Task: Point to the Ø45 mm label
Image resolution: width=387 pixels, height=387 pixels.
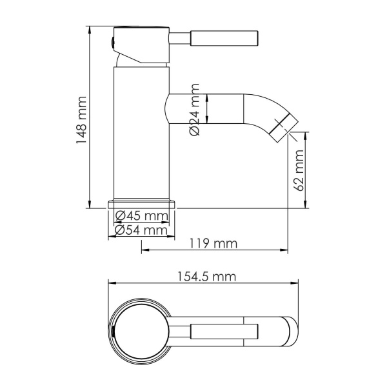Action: click(141, 216)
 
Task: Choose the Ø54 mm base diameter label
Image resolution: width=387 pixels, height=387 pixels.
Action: click(141, 230)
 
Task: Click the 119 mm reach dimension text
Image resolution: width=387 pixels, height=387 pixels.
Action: click(214, 244)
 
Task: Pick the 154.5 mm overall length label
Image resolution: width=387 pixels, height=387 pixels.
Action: click(205, 276)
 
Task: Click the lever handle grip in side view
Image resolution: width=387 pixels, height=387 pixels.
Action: click(226, 37)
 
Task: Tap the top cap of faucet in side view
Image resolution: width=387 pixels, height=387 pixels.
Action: click(141, 33)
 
